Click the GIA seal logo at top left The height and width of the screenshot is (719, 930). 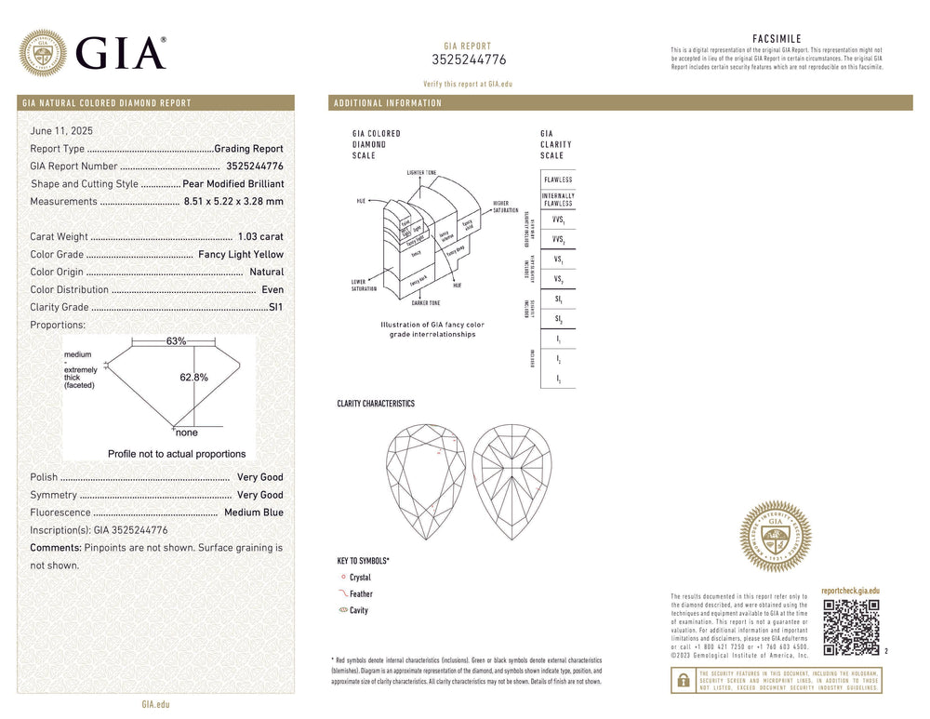[x=43, y=53]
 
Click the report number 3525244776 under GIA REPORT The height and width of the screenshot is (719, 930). [x=469, y=60]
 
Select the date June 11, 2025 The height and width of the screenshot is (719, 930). [x=61, y=131]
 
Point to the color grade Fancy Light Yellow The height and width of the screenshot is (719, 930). [x=241, y=255]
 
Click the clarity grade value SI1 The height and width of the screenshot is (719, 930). [x=275, y=308]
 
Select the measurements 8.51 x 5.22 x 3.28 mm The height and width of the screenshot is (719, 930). [x=233, y=202]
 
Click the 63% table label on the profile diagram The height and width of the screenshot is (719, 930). [x=176, y=342]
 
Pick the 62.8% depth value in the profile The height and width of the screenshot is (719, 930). [x=193, y=378]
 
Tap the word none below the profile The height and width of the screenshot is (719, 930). [x=186, y=433]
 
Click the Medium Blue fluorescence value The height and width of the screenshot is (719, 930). [x=253, y=513]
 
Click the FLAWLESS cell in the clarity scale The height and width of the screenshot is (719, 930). [x=558, y=180]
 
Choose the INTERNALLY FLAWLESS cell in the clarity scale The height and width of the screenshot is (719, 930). [x=558, y=200]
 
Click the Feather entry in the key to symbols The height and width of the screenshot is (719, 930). [x=361, y=594]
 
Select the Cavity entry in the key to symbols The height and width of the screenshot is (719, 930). [x=359, y=611]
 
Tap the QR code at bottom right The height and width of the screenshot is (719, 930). [x=851, y=627]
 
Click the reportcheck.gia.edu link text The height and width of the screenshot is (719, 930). [x=850, y=591]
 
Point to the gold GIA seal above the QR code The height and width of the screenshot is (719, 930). [x=775, y=536]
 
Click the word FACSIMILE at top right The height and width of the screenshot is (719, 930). [x=777, y=39]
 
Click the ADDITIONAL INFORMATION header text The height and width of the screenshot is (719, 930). [x=388, y=103]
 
